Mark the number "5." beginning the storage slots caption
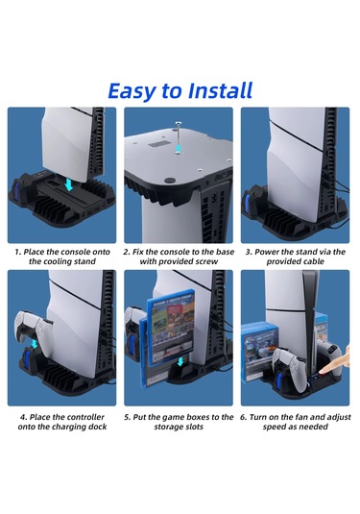pos(129,418)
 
